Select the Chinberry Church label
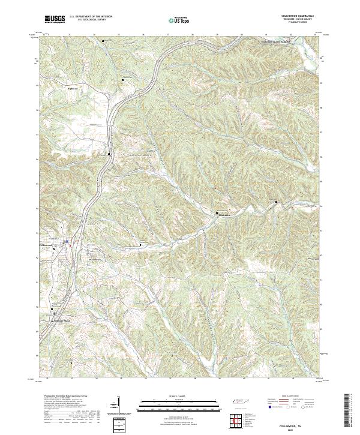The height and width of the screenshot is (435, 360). (x=62, y=321)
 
